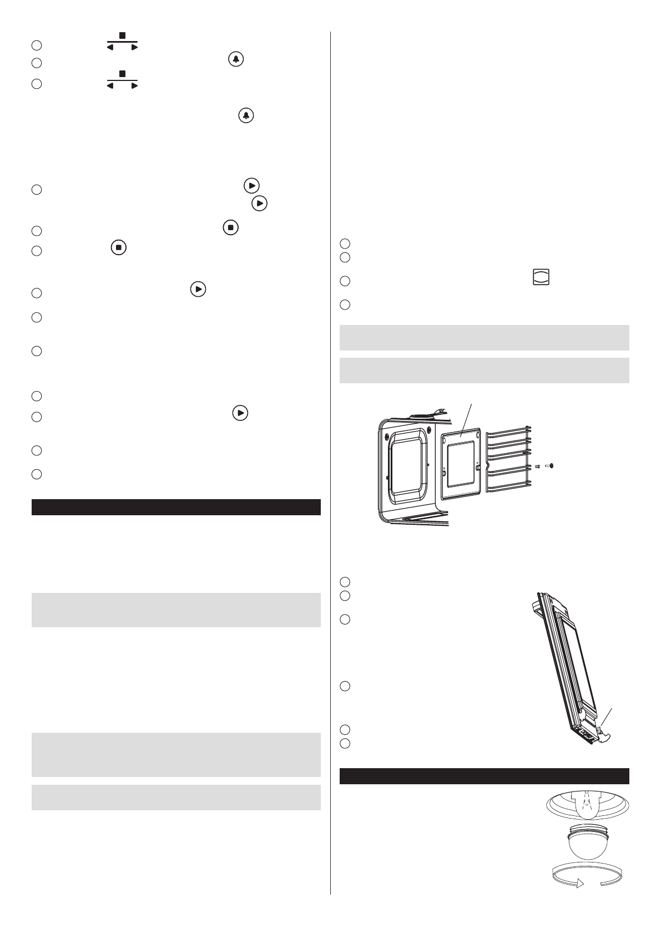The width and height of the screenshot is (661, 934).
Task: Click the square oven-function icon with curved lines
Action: (541, 277)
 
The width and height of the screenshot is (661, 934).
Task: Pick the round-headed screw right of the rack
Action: (549, 466)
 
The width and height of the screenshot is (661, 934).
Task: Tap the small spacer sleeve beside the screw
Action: (537, 466)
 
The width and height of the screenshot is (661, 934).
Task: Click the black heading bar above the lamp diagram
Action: (484, 776)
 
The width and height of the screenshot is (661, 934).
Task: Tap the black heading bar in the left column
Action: (176, 507)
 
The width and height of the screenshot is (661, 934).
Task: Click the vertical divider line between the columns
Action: (330, 444)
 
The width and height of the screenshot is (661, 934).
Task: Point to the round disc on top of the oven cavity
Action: (424, 414)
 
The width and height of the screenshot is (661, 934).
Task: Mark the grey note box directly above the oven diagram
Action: (484, 370)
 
